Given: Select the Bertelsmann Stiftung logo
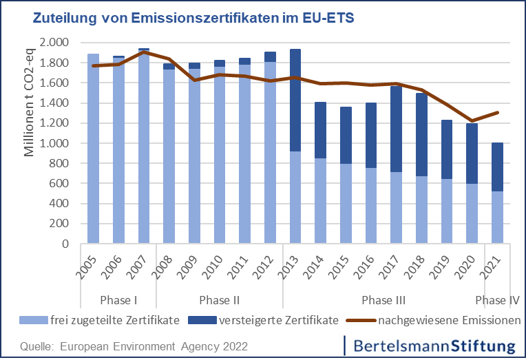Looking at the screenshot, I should [431, 344].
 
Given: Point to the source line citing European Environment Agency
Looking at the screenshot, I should [134, 345].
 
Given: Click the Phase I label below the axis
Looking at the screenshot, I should [118, 300].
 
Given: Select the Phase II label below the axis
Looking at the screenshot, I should [219, 300].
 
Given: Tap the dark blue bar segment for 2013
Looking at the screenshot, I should [295, 100].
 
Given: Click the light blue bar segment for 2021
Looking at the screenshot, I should [496, 218].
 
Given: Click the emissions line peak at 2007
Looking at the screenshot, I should [144, 52].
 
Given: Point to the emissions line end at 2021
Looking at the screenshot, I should [498, 112].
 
